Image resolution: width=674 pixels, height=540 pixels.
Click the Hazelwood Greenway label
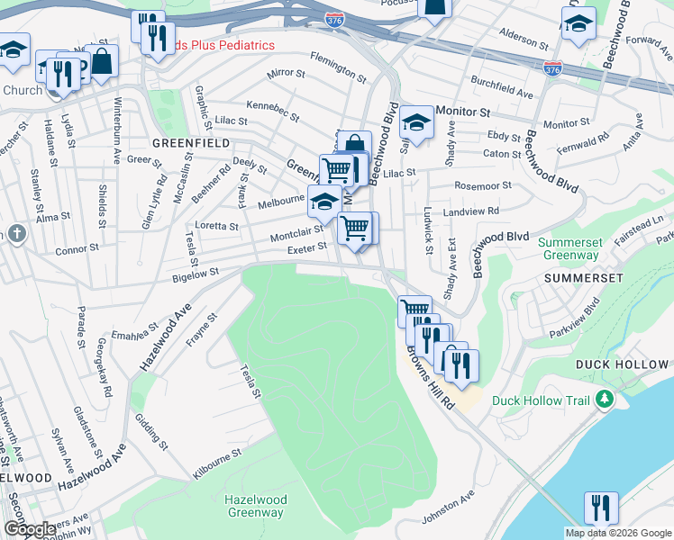coord(256,507)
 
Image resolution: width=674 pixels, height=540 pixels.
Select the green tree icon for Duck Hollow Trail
coord(606,400)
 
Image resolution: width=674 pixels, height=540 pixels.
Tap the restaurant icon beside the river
coord(600,507)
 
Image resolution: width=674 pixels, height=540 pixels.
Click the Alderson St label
coord(524,41)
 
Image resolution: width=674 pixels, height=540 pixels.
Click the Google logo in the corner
coord(31,529)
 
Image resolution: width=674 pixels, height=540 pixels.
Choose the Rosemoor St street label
coord(483,185)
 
